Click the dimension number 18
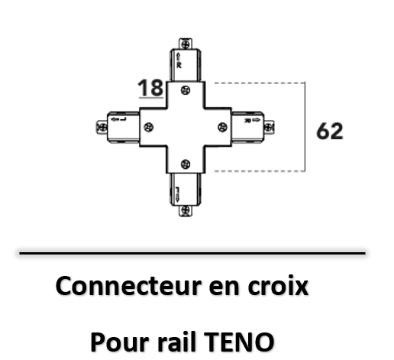point(150,87)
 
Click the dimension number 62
point(330,131)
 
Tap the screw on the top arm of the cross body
point(186,90)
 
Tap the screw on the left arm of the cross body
point(149,127)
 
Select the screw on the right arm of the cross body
point(223,127)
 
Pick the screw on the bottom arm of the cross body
point(186,164)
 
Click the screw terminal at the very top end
point(186,44)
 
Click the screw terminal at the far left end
point(102,127)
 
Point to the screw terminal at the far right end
point(269,127)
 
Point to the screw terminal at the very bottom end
point(186,210)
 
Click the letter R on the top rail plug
point(179,66)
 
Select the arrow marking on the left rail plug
point(115,119)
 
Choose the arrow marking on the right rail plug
point(256,120)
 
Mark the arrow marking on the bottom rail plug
point(178,196)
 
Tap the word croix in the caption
point(278,287)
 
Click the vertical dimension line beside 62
point(305,127)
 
